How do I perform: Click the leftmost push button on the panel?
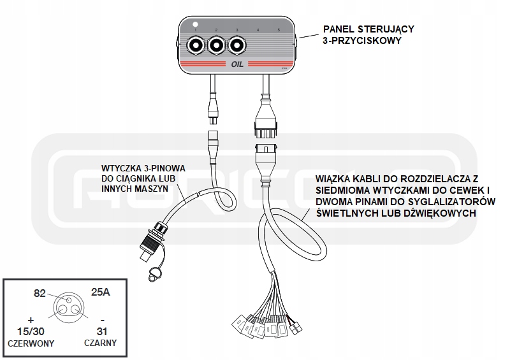pyautogui.click(x=194, y=46)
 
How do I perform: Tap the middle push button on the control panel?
pyautogui.click(x=216, y=46)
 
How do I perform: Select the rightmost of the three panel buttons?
pyautogui.click(x=237, y=46)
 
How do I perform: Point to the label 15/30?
pyautogui.click(x=30, y=331)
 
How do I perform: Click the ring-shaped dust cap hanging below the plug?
pyautogui.click(x=154, y=274)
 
